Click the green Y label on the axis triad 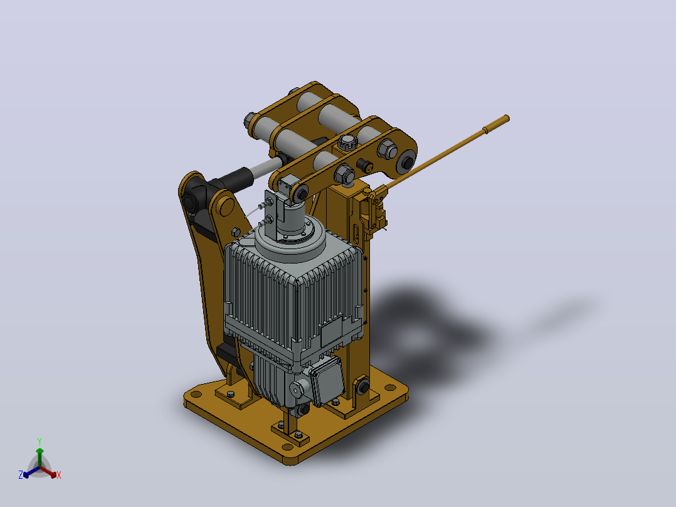(40, 441)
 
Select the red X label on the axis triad (59, 475)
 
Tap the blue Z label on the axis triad (21, 474)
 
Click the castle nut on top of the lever (346, 142)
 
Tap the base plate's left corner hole (196, 394)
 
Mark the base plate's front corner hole (288, 446)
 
